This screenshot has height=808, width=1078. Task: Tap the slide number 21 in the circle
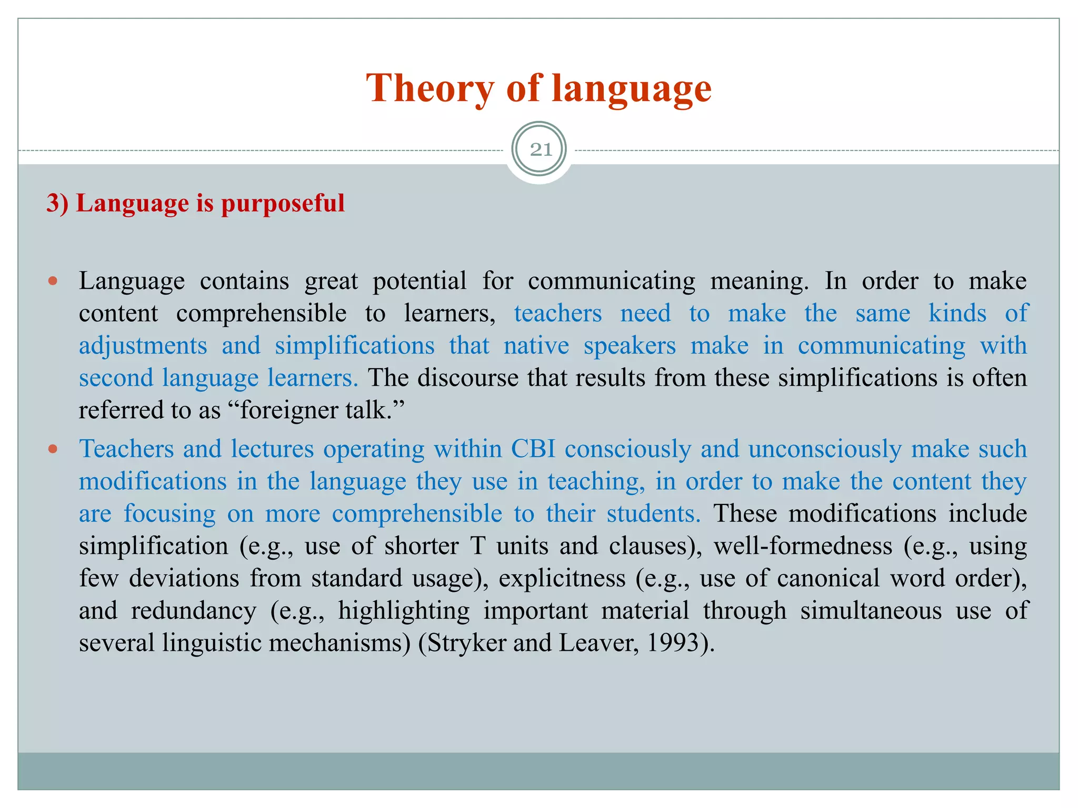point(541,150)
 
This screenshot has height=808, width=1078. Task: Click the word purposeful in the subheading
point(283,204)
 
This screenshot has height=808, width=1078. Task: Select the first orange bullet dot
point(52,281)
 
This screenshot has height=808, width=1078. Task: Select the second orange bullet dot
point(52,449)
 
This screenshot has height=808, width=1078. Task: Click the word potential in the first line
point(420,281)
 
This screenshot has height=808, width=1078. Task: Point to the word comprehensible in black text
point(261,314)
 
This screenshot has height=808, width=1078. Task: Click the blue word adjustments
point(143,346)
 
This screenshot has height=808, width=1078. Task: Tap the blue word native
point(536,346)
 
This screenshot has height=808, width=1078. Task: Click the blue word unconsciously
point(824,449)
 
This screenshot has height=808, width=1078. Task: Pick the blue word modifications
point(153,481)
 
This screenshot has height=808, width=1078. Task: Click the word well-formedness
point(803,546)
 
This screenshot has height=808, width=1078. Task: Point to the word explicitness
point(562,579)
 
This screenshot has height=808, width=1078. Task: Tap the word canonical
point(828,579)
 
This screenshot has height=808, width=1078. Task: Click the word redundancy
point(193,611)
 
